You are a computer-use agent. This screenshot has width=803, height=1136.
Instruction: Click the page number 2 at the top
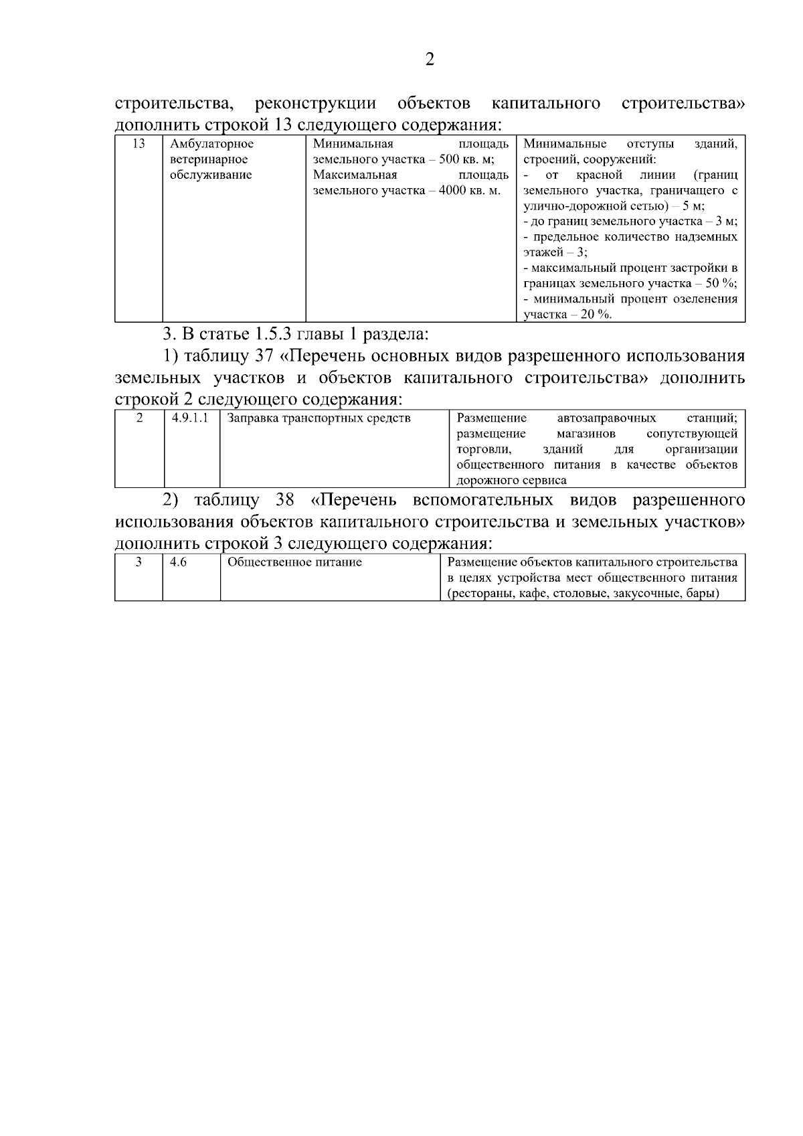pos(430,60)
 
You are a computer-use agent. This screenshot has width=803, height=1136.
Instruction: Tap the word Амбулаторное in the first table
pos(211,144)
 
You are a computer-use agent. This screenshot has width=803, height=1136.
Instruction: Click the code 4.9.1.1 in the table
pos(190,418)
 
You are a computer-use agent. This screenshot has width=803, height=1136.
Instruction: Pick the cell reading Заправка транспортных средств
pos(319,418)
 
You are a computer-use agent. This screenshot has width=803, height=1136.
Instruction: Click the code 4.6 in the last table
pos(178,562)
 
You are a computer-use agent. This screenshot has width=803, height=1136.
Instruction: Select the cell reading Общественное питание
pos(294,562)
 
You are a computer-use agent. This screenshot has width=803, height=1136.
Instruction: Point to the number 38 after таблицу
pos(285,500)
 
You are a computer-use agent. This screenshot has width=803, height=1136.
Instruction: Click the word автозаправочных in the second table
pos(606,418)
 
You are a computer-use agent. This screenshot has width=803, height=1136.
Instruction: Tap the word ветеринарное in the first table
pos(209,159)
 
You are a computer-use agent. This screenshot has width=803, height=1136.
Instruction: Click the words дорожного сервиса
pos(511,480)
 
